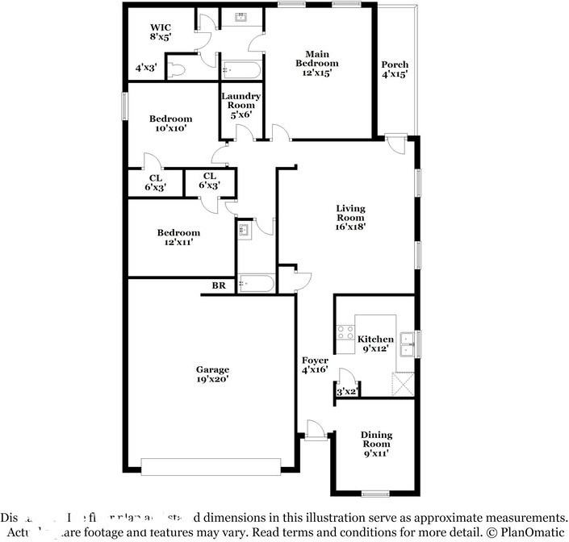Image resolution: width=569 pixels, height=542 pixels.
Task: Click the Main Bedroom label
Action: tap(316, 63)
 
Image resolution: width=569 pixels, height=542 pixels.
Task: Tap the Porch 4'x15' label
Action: tap(395, 69)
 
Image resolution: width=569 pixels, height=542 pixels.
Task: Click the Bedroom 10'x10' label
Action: tap(170, 123)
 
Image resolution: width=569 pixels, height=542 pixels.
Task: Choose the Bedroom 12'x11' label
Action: tap(178, 236)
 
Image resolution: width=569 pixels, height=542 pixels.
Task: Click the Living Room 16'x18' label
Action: tap(350, 217)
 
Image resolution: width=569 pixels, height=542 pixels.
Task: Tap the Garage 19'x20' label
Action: tap(211, 374)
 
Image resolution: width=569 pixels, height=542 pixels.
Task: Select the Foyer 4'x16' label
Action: tap(315, 365)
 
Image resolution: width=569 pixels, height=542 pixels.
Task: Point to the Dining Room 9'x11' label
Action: tap(375, 444)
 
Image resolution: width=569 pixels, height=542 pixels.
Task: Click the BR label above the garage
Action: tap(219, 286)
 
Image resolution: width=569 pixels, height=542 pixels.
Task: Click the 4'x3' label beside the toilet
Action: tap(145, 69)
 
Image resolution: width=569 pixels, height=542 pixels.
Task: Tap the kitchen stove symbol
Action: tap(345, 334)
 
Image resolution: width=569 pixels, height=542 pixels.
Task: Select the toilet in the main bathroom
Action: tap(178, 69)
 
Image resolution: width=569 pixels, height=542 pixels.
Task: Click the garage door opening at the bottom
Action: tap(211, 465)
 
